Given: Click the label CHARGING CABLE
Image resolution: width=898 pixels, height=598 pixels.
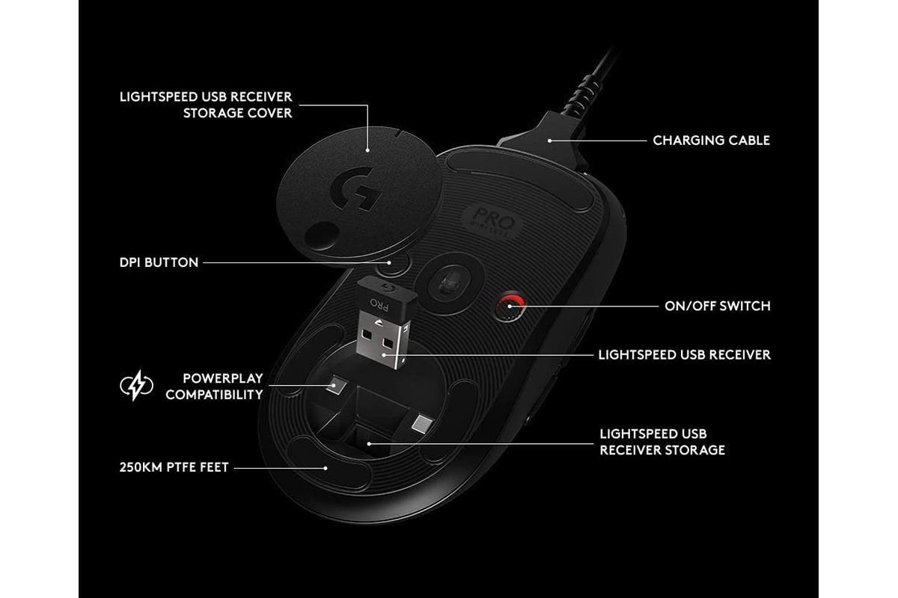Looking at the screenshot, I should (711, 141).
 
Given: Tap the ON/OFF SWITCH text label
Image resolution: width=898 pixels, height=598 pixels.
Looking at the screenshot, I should (718, 306).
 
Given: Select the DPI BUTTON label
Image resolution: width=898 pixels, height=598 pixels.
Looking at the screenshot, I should (159, 262).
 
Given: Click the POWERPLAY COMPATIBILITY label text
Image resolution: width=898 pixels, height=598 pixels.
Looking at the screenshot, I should (214, 386).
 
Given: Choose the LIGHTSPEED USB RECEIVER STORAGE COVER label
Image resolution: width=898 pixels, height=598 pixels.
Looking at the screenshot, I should (206, 105).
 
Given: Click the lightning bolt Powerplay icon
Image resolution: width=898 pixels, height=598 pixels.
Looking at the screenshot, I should (136, 386).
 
